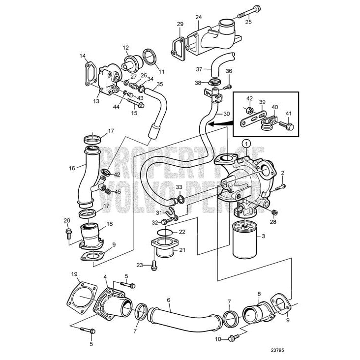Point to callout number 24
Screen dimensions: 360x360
[199, 17]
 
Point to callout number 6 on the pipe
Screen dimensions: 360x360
[168, 300]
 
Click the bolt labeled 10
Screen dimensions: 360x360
[233, 337]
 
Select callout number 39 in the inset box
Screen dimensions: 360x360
[263, 102]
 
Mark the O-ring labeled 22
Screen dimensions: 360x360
[165, 232]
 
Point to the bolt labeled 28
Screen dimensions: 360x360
[274, 212]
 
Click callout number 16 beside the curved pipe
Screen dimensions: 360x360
[72, 168]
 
